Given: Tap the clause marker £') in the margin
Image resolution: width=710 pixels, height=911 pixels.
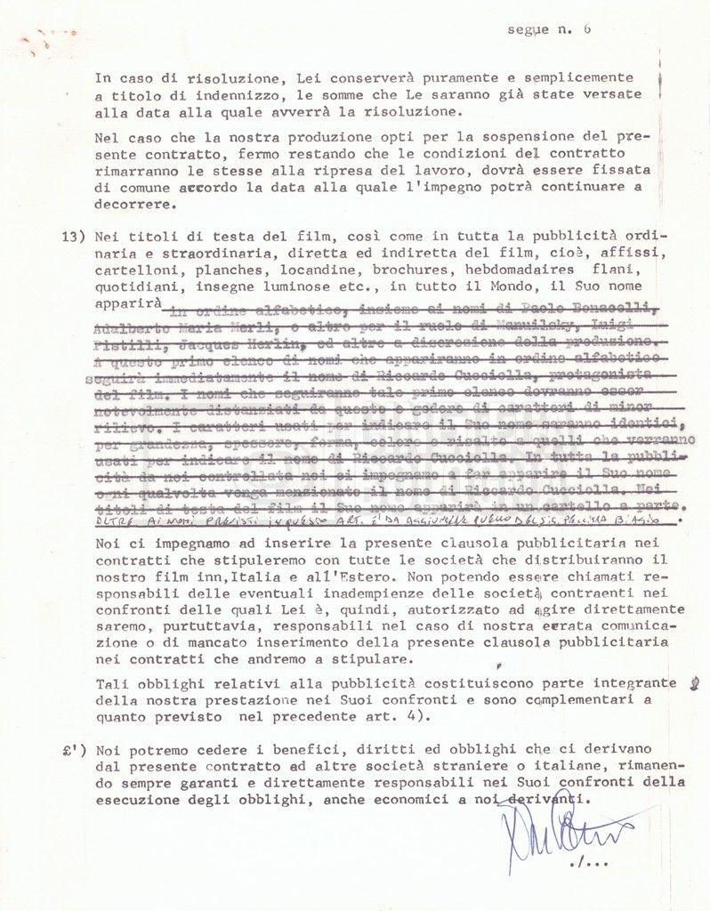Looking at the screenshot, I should [x=73, y=750].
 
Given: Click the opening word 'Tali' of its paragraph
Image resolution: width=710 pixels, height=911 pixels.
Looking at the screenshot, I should [x=110, y=683].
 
